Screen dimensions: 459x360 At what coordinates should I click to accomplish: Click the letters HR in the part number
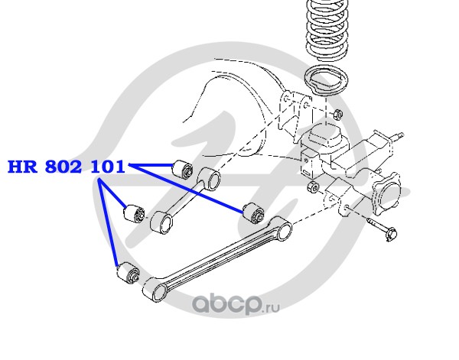pos(22,167)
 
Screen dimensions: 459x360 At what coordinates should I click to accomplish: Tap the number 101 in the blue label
pos(108,167)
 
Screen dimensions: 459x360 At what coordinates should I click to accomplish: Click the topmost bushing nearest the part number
pos(183,169)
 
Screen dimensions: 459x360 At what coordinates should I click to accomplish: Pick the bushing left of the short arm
pos(133,214)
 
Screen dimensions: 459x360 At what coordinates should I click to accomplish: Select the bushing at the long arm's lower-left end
pos(128,273)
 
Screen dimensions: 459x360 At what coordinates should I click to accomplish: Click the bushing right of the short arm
pos(253,212)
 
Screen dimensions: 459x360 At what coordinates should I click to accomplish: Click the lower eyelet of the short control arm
pos(161,222)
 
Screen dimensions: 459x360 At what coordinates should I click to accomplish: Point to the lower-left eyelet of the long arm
pos(155,290)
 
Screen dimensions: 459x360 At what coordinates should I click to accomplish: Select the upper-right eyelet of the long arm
pos(281,228)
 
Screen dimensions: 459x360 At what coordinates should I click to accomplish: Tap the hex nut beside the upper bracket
pos(338,113)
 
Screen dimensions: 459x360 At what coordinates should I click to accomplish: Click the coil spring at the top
pos(327,31)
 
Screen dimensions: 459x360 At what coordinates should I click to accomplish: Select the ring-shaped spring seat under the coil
pos(326,80)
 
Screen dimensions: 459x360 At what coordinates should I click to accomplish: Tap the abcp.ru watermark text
pos(236,304)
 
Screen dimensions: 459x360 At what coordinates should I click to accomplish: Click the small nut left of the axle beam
pos(313,186)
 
